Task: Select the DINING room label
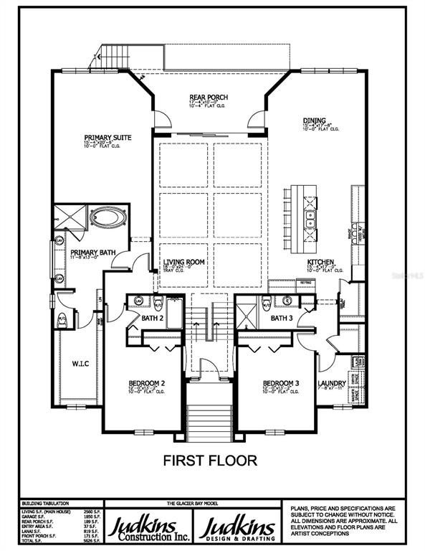[314, 121]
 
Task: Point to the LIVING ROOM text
[184, 262]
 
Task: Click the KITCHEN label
[322, 263]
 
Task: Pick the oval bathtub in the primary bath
[108, 217]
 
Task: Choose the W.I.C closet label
[80, 363]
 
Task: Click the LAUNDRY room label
[333, 383]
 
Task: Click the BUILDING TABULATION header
[43, 504]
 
